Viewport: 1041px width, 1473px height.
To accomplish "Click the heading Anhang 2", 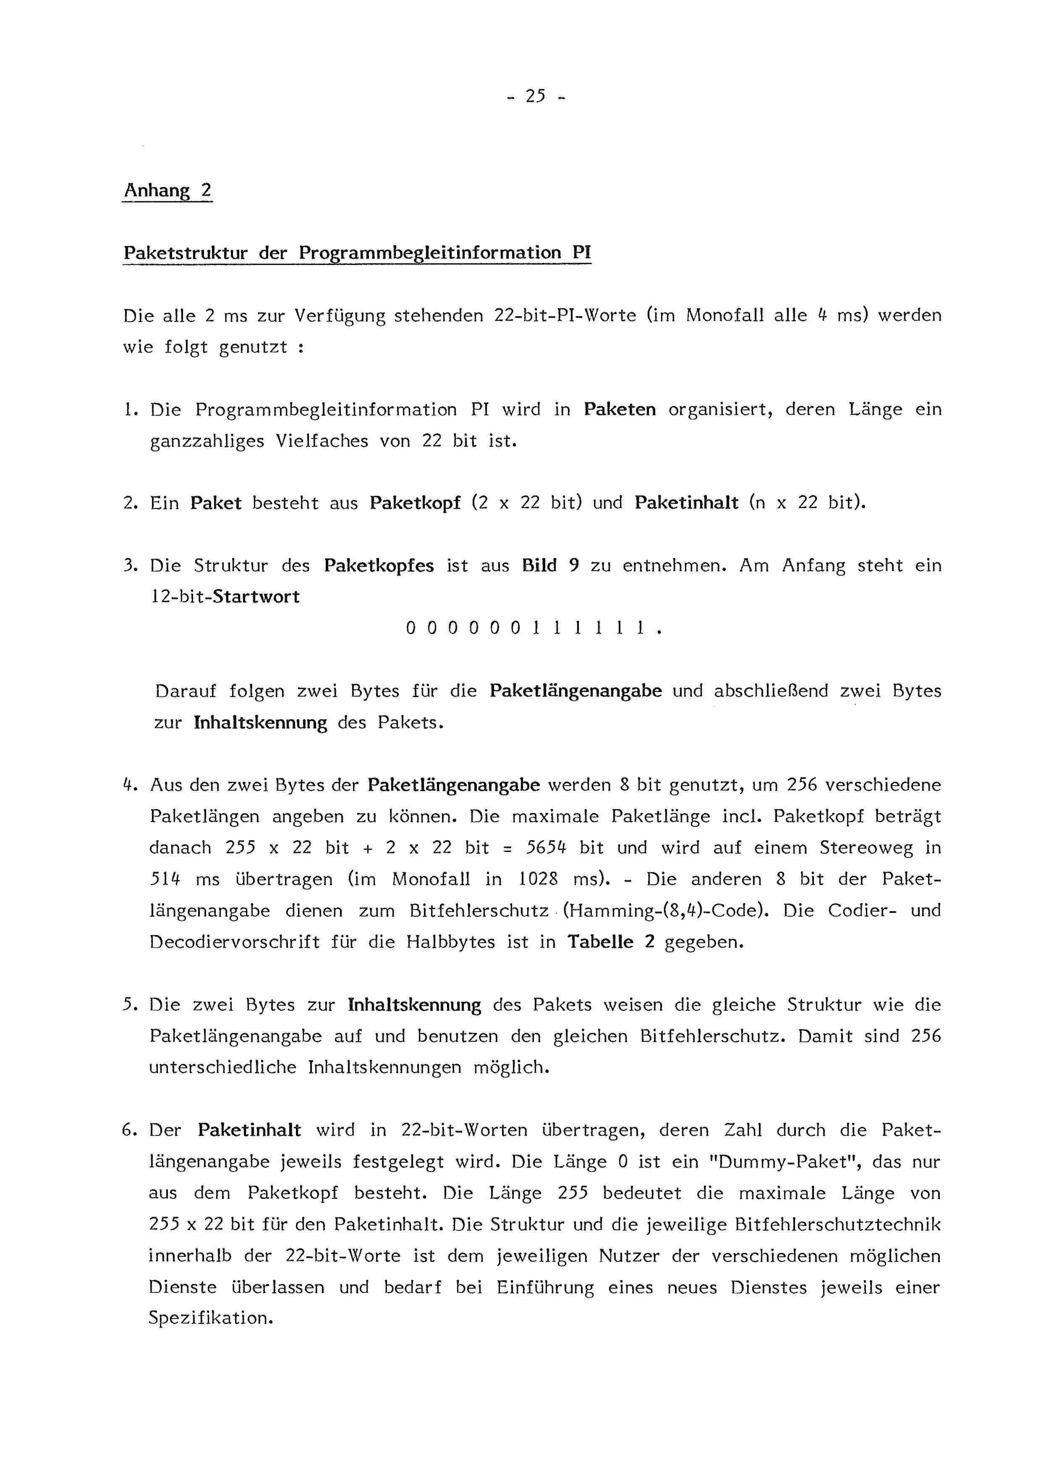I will click(x=167, y=191).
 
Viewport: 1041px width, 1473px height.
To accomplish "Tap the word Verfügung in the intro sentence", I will click(x=340, y=316).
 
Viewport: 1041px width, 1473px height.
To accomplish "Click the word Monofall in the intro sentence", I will click(x=725, y=316).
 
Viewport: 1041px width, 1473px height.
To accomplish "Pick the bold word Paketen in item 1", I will click(x=620, y=409).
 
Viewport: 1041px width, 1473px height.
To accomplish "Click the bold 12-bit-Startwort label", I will click(x=225, y=597).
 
